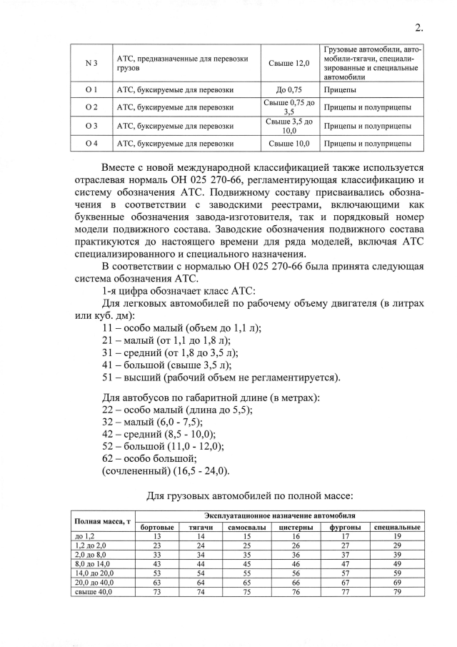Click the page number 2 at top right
(418, 28)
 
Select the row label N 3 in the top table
(86, 64)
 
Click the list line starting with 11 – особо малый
(182, 327)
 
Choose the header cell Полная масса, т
(103, 521)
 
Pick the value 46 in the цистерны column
(296, 563)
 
